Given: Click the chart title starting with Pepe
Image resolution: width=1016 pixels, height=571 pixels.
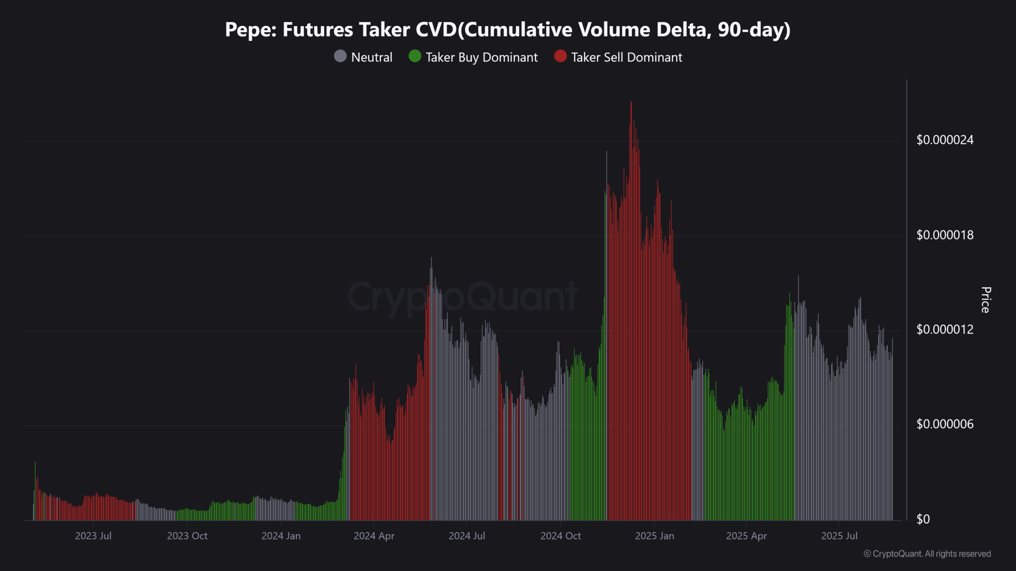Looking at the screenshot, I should (x=508, y=30).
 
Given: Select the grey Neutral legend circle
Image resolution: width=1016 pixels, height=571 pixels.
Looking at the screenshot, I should (x=340, y=56).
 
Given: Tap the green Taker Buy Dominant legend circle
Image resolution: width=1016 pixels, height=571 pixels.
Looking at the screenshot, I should (x=415, y=56).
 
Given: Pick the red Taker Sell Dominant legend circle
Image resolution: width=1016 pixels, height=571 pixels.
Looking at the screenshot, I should (x=560, y=56).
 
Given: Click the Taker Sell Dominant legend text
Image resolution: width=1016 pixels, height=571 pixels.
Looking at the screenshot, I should (x=627, y=57).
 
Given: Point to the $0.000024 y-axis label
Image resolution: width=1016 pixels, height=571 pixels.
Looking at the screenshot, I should (x=945, y=140).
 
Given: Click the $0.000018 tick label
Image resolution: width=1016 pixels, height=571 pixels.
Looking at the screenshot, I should (x=945, y=235).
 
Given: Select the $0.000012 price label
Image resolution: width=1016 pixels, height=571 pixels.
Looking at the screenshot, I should (x=945, y=330).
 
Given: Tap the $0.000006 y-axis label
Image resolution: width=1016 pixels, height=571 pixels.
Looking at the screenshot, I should (x=945, y=424).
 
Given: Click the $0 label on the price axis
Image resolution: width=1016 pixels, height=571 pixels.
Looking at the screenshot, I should (x=923, y=519).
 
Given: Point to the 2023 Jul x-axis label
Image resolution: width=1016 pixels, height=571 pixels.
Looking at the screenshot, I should (x=93, y=536).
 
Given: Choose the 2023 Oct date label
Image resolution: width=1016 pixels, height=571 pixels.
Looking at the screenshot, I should (x=187, y=536).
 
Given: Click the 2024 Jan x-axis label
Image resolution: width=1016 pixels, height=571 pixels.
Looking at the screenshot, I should (x=281, y=536).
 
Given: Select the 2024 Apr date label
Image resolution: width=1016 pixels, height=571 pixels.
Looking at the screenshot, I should (x=374, y=536).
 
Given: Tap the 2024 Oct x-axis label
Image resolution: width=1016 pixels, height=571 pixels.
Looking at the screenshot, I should (x=560, y=536).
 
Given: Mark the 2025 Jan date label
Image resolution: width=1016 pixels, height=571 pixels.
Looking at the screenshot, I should (x=654, y=536).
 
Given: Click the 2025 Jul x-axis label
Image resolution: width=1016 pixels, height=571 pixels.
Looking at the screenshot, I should (x=839, y=536).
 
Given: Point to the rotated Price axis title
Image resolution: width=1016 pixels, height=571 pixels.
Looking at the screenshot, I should (x=986, y=300).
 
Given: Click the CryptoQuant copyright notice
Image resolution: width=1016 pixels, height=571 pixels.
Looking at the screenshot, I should (x=927, y=554).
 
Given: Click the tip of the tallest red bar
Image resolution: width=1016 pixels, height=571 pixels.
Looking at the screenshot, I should (x=631, y=102).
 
